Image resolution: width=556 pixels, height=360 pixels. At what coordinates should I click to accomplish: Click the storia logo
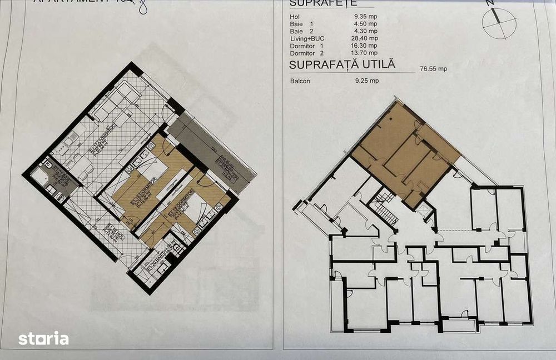coord(43,338)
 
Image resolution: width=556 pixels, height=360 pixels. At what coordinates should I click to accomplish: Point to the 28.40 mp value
coord(365,38)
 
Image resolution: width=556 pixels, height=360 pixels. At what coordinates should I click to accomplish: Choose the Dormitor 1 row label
coord(306,46)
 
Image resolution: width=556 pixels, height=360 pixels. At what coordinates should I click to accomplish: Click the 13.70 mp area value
coord(365,53)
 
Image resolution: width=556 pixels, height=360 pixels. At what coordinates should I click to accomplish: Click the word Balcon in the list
coord(300,81)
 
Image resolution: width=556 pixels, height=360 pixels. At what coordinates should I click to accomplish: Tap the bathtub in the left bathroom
coord(39,178)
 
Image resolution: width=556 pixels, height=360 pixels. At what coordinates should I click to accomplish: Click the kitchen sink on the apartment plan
coord(70,141)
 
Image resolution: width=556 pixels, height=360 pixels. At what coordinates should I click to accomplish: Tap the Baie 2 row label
coord(304,32)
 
